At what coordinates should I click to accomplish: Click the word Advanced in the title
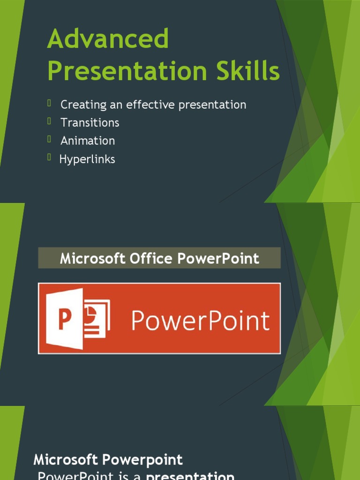point(108,39)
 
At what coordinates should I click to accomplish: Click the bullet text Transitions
point(90,123)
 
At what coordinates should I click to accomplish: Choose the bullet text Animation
point(88,141)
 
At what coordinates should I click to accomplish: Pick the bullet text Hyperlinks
point(87,159)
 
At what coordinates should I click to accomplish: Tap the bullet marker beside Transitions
point(49,121)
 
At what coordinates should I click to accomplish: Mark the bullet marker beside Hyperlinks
point(49,157)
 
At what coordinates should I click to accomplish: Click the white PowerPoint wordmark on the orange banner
point(200,321)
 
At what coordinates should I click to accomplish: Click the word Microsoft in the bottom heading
point(66,460)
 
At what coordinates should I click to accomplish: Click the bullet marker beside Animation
point(49,139)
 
